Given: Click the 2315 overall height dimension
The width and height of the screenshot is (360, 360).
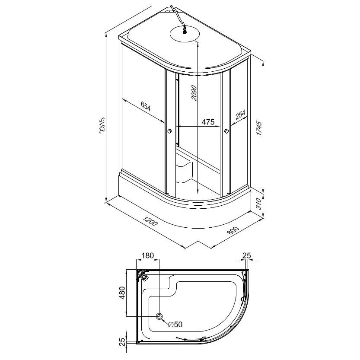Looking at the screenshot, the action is pos(102,126).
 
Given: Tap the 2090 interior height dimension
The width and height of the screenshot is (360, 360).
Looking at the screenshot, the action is pos(194,93).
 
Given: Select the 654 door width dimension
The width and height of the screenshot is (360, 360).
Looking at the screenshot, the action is pos(146,107).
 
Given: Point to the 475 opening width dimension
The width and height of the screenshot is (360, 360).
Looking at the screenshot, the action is pos(208,122).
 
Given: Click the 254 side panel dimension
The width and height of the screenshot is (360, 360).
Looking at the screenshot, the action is pos(240,115).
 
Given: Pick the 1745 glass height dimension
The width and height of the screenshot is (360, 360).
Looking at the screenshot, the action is pos(259,128).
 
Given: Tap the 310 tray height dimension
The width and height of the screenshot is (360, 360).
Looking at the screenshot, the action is pos(259,204).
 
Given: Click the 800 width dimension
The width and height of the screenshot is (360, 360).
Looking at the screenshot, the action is pos(233,230).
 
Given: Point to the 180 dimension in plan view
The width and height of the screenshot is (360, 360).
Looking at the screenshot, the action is pos(147,255).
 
